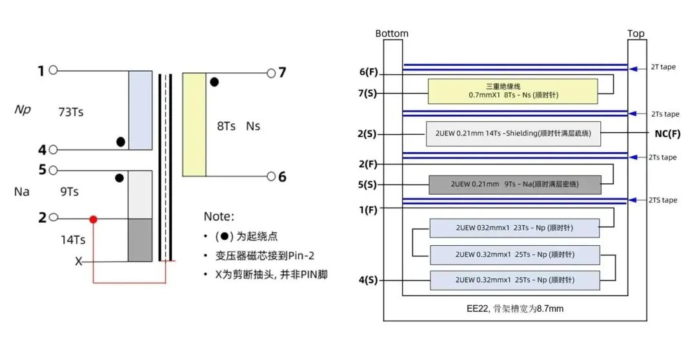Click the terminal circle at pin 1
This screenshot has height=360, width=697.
tap(54, 70)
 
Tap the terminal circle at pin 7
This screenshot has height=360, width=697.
tap(271, 73)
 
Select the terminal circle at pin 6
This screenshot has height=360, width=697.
tap(271, 176)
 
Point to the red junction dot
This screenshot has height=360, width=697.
tap(94, 219)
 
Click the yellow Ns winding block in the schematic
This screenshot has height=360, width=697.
tap(194, 125)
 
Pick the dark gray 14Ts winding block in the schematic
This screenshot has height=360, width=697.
tap(140, 240)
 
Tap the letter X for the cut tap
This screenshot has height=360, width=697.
tap(79, 261)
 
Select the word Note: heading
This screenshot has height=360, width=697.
tap(219, 217)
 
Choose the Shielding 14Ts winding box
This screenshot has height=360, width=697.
tap(513, 134)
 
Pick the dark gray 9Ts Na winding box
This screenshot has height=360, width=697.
tap(514, 185)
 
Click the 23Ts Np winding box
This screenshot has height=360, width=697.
tap(514, 228)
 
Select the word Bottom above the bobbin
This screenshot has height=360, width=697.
tap(392, 34)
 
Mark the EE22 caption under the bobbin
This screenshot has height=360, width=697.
tap(515, 308)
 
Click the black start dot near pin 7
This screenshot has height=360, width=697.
tap(214, 82)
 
